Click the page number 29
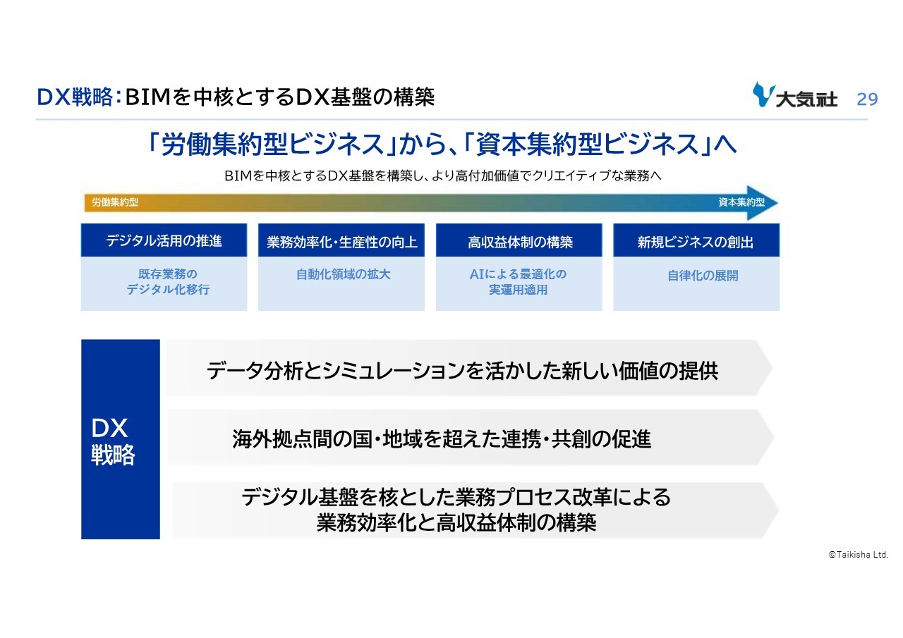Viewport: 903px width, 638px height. [x=867, y=99]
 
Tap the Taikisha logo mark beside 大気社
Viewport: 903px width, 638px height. [x=763, y=94]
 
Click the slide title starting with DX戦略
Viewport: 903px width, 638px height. [x=236, y=97]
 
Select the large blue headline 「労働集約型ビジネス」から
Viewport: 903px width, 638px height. [x=442, y=144]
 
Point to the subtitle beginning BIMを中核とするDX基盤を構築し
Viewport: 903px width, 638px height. [x=442, y=176]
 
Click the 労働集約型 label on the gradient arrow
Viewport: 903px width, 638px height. [x=115, y=202]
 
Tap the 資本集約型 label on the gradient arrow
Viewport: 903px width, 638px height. [x=741, y=202]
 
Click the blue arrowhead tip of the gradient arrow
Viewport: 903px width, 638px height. [x=777, y=202]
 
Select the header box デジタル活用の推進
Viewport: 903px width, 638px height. [x=164, y=240]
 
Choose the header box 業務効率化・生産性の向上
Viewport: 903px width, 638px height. [x=341, y=240]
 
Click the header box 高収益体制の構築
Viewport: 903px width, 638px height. [x=519, y=240]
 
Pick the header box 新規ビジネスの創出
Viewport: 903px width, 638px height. [x=696, y=240]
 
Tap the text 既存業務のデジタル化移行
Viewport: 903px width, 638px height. [x=168, y=282]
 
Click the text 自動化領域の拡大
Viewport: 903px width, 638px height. [x=343, y=275]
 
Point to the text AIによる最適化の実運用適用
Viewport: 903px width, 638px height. [x=518, y=282]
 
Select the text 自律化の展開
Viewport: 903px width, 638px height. [x=703, y=276]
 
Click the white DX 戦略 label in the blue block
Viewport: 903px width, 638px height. [x=113, y=442]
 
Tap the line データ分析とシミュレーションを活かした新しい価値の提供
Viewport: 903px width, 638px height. [x=462, y=371]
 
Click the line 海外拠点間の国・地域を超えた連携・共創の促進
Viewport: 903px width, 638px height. [x=442, y=439]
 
